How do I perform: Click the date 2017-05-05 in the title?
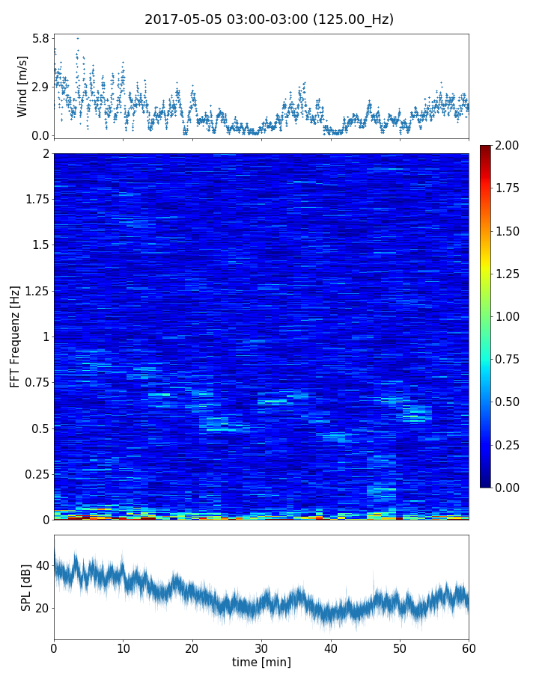click(x=179, y=19)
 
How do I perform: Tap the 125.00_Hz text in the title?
click(x=354, y=19)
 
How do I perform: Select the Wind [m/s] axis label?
click(x=22, y=86)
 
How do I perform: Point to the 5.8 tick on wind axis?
click(x=40, y=38)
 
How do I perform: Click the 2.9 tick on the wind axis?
click(x=40, y=87)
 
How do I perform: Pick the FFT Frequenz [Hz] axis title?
click(x=15, y=336)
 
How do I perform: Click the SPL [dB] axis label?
click(x=26, y=587)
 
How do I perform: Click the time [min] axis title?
click(x=261, y=662)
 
